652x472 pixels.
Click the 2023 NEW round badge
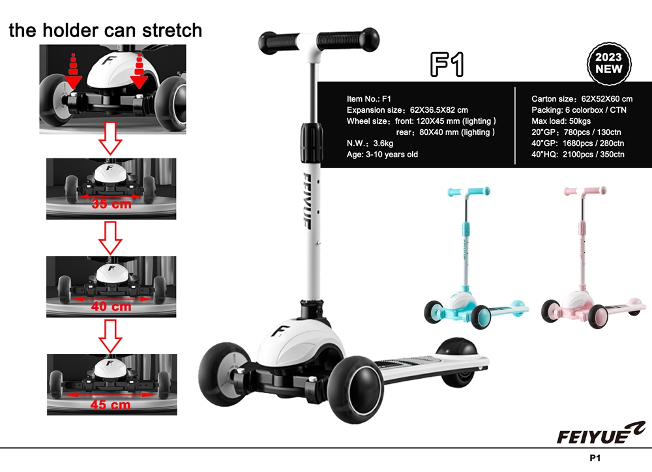coord(609,64)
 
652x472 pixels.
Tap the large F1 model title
coord(447,65)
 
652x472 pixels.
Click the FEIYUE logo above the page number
coord(601,433)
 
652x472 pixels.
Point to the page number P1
coord(595,458)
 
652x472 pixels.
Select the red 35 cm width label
coord(111,204)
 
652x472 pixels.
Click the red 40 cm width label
coord(111,306)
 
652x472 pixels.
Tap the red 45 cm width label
coord(111,405)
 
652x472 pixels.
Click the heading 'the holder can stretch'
coord(105,31)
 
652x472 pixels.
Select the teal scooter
coord(476,258)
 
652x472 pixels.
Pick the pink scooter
coord(593,258)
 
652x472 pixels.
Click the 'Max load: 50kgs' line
coord(561,121)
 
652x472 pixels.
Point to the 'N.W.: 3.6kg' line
coord(370,143)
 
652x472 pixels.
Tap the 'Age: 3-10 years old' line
coord(382,155)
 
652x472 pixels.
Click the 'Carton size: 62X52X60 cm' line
coord(582,98)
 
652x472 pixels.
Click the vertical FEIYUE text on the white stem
coord(306,201)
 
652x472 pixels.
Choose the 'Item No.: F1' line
coord(369,98)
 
